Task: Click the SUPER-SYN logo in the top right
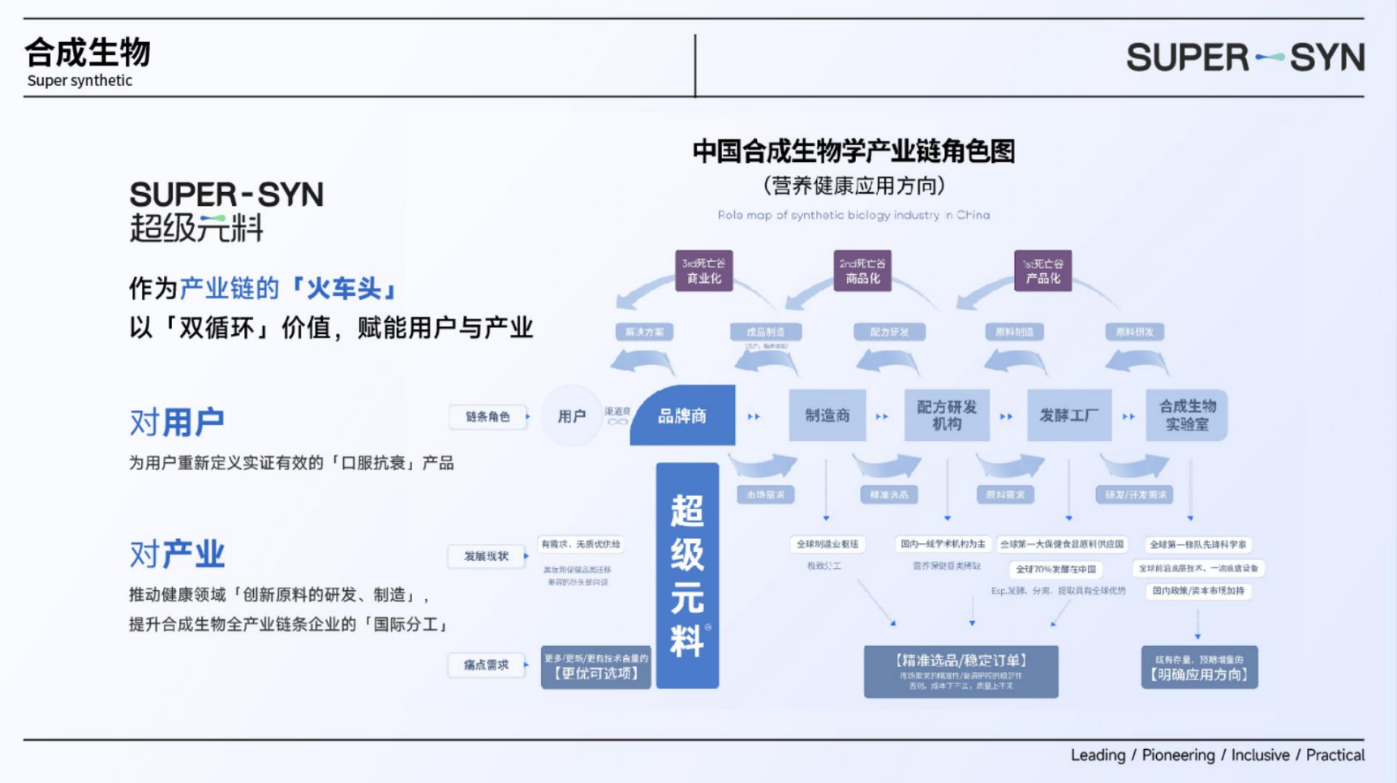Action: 1244,58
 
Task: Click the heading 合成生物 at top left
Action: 88,53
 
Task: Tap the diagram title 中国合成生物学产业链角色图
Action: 853,152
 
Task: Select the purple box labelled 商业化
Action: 703,271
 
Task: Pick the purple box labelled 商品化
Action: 862,271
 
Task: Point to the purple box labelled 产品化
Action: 1042,271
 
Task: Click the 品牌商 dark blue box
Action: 682,417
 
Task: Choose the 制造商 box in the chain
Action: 827,416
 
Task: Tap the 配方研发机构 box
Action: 946,416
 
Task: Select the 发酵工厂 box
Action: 1068,416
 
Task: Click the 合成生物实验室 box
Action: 1186,415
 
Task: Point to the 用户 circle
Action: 571,417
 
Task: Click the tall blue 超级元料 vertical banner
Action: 687,575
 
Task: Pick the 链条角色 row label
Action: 488,417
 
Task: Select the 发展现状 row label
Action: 486,556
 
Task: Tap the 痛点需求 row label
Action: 486,665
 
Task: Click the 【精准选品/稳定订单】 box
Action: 961,671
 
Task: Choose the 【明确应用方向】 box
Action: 1199,667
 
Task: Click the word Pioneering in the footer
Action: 1178,755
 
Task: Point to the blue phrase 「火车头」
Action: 344,289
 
